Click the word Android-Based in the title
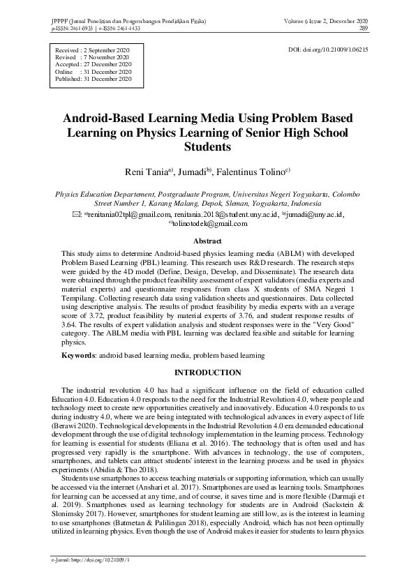[x=112, y=117]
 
